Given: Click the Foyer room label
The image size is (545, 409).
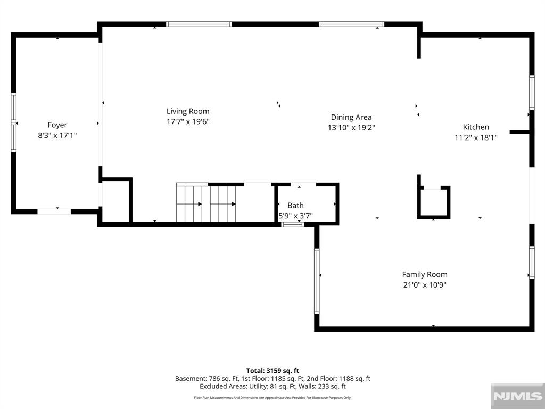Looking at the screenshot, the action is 57,125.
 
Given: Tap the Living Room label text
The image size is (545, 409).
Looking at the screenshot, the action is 188,111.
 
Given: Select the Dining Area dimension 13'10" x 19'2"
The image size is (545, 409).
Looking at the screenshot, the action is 351,128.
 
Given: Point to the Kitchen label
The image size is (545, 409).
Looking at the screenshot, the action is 476,127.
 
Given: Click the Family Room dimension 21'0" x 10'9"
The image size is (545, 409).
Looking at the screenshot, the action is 425,285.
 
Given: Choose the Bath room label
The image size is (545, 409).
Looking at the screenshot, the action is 295,206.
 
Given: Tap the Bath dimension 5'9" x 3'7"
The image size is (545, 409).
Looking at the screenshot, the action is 296,216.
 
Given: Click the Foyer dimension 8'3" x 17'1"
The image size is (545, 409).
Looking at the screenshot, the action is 57,135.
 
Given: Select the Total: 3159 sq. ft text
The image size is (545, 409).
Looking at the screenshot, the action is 272,371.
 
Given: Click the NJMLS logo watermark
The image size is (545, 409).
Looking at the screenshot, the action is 517,396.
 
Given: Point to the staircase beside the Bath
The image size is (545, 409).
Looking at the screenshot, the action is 206,202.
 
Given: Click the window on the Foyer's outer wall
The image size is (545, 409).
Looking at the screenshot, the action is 13,122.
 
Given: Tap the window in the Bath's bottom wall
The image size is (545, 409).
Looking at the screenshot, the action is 293,225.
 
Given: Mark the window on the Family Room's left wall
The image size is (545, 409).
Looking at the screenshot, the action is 317,281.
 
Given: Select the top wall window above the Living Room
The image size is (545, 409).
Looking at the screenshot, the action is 199,24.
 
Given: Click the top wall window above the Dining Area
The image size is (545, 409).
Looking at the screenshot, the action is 351,24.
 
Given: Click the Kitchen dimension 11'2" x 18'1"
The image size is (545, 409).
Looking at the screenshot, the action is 476,137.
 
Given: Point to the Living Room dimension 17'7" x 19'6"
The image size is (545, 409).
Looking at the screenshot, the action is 188,122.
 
